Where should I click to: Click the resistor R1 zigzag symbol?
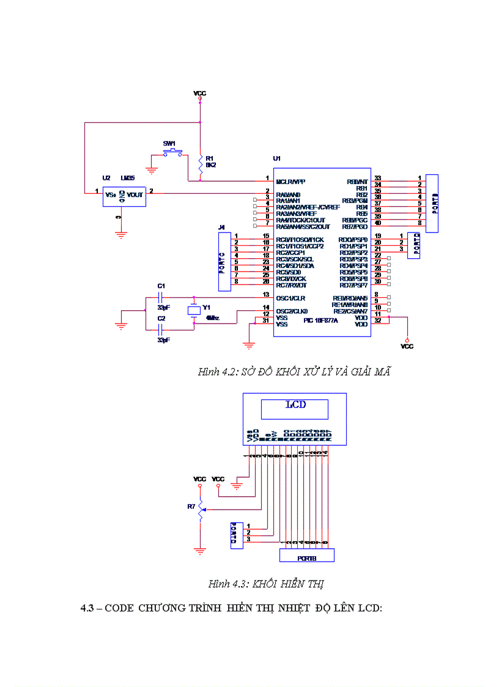click(200, 163)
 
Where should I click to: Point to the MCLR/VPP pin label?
click(290, 182)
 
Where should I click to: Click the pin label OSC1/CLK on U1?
click(291, 298)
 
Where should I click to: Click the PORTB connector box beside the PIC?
click(432, 203)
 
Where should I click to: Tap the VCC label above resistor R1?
click(199, 94)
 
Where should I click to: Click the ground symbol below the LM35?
click(121, 233)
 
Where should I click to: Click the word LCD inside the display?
click(295, 405)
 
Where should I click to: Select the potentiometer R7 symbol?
click(200, 510)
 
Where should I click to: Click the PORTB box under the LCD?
click(306, 555)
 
